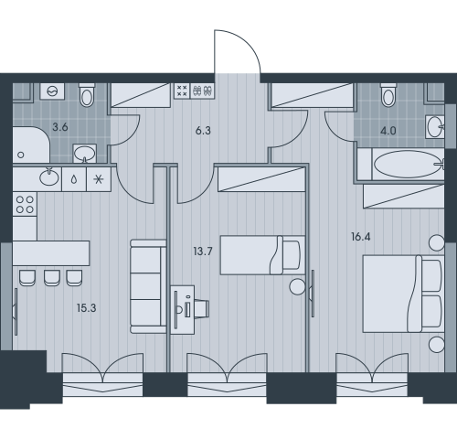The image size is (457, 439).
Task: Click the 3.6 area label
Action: [x=60, y=127]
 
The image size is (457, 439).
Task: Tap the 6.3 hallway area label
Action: [x=203, y=131]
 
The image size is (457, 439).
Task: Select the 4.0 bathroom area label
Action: [x=388, y=131]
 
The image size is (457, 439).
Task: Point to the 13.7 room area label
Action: [x=203, y=252]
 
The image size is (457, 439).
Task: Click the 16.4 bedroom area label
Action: [x=361, y=237]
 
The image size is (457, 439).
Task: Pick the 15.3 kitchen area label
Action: [x=87, y=308]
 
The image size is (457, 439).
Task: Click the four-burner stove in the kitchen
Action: [x=25, y=204]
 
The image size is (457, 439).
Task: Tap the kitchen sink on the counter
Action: [x=49, y=177]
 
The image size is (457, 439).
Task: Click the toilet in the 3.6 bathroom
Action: [x=87, y=95]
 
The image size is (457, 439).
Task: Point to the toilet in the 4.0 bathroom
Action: [x=388, y=95]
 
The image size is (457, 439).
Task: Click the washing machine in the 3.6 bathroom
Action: [x=52, y=91]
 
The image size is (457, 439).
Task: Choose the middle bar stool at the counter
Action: [x=52, y=278]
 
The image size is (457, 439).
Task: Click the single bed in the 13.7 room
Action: [x=262, y=255]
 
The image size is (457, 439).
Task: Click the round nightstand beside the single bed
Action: [x=297, y=286]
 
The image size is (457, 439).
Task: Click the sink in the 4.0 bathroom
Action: [x=435, y=127]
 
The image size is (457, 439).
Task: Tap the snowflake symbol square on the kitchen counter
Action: [x=99, y=179]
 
